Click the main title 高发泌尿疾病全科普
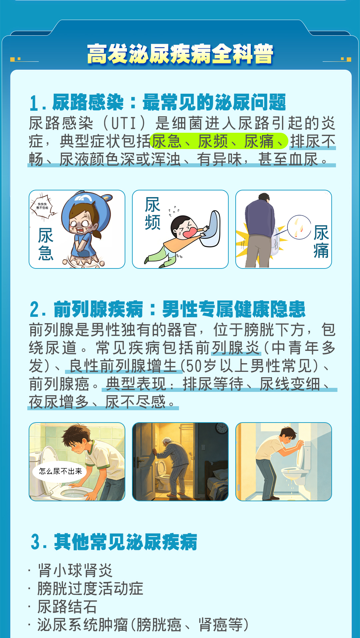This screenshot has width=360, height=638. tap(180, 54)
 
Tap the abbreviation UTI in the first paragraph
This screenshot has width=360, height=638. tap(123, 123)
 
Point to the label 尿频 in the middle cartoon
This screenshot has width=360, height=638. tap(153, 213)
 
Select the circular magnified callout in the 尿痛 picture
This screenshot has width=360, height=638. tap(299, 227)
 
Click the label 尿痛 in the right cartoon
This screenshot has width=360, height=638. tap(321, 241)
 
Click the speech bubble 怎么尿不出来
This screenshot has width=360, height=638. tap(60, 471)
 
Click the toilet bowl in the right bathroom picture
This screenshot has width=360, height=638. tap(293, 474)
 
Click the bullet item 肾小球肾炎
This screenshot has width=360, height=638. tap(75, 570)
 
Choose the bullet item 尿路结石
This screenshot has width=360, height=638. tap(67, 607)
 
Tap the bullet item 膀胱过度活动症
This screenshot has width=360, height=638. tap(90, 589)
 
